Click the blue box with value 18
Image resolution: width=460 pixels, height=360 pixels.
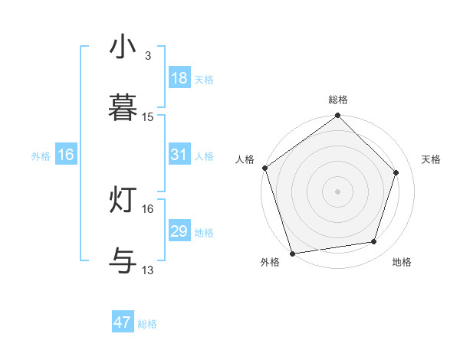[x=179, y=78]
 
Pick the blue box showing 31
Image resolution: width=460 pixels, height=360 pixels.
[x=179, y=155]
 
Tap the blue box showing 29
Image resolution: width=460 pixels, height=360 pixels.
[x=179, y=231]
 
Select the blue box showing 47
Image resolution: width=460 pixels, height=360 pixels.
[x=123, y=322]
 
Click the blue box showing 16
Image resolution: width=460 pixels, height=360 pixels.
[x=66, y=155]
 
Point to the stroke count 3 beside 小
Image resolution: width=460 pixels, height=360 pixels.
[x=147, y=56]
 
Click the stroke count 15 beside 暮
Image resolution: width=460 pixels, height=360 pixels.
[x=148, y=117]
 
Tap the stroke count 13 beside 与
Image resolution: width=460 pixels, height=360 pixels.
[x=148, y=270]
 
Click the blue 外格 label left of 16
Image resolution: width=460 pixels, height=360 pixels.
[x=41, y=155]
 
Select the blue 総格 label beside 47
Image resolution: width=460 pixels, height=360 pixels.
[x=147, y=324]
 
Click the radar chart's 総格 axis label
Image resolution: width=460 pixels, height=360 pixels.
[x=338, y=100]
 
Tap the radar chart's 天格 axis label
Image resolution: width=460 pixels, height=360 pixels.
[x=432, y=159]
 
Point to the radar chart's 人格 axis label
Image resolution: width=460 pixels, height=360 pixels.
[x=245, y=159]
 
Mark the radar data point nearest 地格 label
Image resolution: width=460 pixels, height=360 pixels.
[x=374, y=242]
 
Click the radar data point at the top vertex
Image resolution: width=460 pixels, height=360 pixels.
[x=338, y=116]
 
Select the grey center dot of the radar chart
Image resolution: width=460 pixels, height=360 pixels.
[x=338, y=191]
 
